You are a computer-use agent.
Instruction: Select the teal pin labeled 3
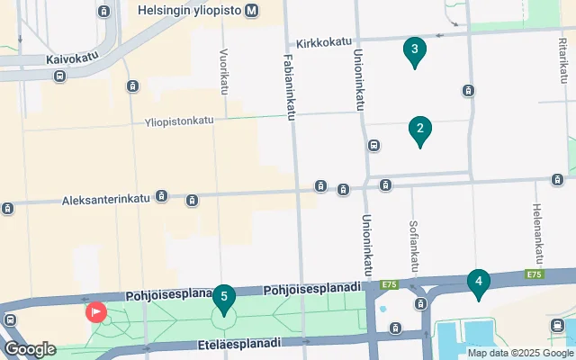click(x=414, y=51)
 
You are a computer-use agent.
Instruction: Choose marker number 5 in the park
click(x=223, y=296)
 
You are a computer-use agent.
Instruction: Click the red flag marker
click(x=95, y=312)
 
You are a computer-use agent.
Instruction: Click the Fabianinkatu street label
click(x=290, y=86)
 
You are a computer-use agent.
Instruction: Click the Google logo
click(x=30, y=348)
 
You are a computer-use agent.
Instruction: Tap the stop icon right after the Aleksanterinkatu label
click(x=162, y=195)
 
